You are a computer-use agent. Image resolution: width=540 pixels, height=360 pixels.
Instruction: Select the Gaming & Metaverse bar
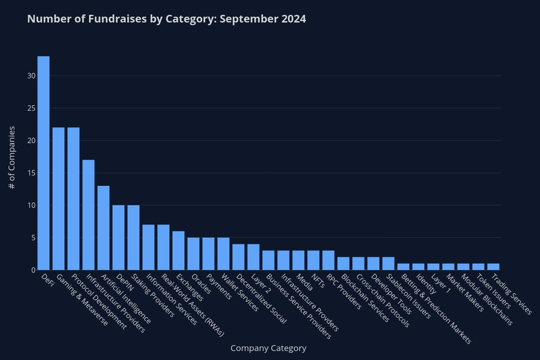point(58,198)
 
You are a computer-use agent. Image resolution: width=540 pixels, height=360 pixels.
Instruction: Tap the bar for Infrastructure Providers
point(88,215)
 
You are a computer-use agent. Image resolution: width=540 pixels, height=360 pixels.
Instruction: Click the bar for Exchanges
point(178,250)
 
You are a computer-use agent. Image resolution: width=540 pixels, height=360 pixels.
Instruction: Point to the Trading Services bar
point(493,266)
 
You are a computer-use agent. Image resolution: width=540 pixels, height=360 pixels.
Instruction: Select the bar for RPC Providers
point(328,260)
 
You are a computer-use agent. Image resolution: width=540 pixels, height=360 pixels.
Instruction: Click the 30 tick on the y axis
point(31,76)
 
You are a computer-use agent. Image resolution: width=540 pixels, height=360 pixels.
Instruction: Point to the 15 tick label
point(31,173)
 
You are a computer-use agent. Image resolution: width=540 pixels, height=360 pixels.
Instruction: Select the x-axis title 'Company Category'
point(268,348)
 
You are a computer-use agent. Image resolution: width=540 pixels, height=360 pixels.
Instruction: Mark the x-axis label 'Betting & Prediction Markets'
point(434,308)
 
